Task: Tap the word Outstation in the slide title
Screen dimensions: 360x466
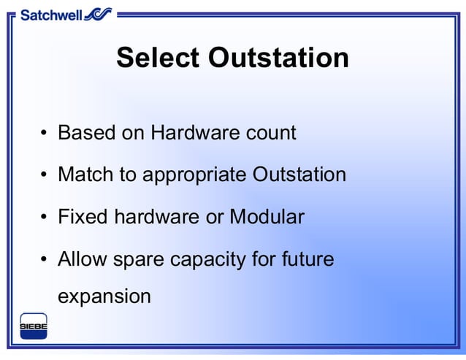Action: [279, 58]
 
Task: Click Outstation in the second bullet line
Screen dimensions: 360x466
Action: [299, 175]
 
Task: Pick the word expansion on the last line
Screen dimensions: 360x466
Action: [104, 297]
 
